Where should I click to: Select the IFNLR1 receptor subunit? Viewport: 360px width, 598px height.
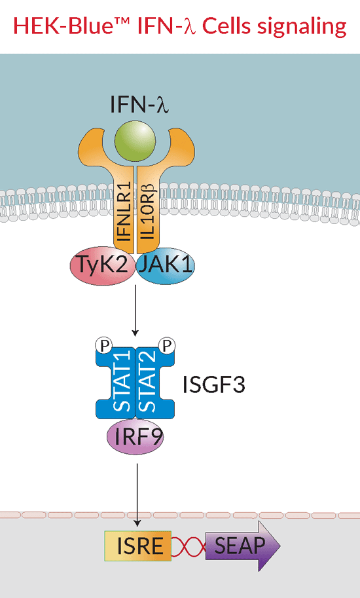(x=124, y=213)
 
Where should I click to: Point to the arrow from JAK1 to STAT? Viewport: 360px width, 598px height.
(x=135, y=312)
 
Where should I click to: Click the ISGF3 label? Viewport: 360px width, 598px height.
(x=214, y=384)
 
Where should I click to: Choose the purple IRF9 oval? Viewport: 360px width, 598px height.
(x=135, y=437)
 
